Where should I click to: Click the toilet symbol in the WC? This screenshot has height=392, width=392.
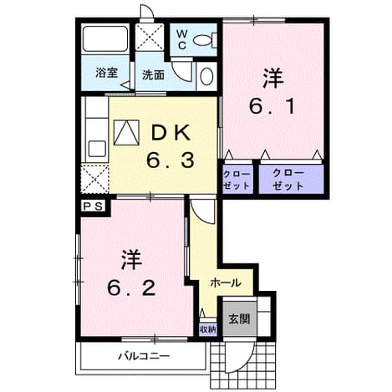(x=205, y=39)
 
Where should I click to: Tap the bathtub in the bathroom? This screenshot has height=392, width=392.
(x=105, y=38)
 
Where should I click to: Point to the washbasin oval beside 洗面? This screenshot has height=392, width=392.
(x=206, y=76)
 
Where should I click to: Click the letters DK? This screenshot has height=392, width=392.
(x=171, y=134)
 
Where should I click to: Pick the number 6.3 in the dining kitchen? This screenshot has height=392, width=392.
(x=171, y=161)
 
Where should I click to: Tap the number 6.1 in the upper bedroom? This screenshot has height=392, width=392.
(x=272, y=107)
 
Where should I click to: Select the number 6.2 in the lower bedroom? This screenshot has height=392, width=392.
(x=131, y=288)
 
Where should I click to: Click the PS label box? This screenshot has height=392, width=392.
(x=94, y=206)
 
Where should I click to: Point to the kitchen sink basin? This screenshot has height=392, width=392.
(x=97, y=149)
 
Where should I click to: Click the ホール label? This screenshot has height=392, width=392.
(x=226, y=283)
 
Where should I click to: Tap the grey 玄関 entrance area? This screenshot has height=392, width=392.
(x=239, y=319)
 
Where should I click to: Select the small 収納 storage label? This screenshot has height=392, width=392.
(x=208, y=330)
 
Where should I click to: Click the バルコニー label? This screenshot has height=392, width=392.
(x=144, y=356)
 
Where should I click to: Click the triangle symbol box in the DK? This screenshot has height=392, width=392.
(x=126, y=132)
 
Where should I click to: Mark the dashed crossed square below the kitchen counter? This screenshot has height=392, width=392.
(x=95, y=180)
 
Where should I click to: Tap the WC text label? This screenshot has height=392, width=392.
(x=182, y=39)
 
